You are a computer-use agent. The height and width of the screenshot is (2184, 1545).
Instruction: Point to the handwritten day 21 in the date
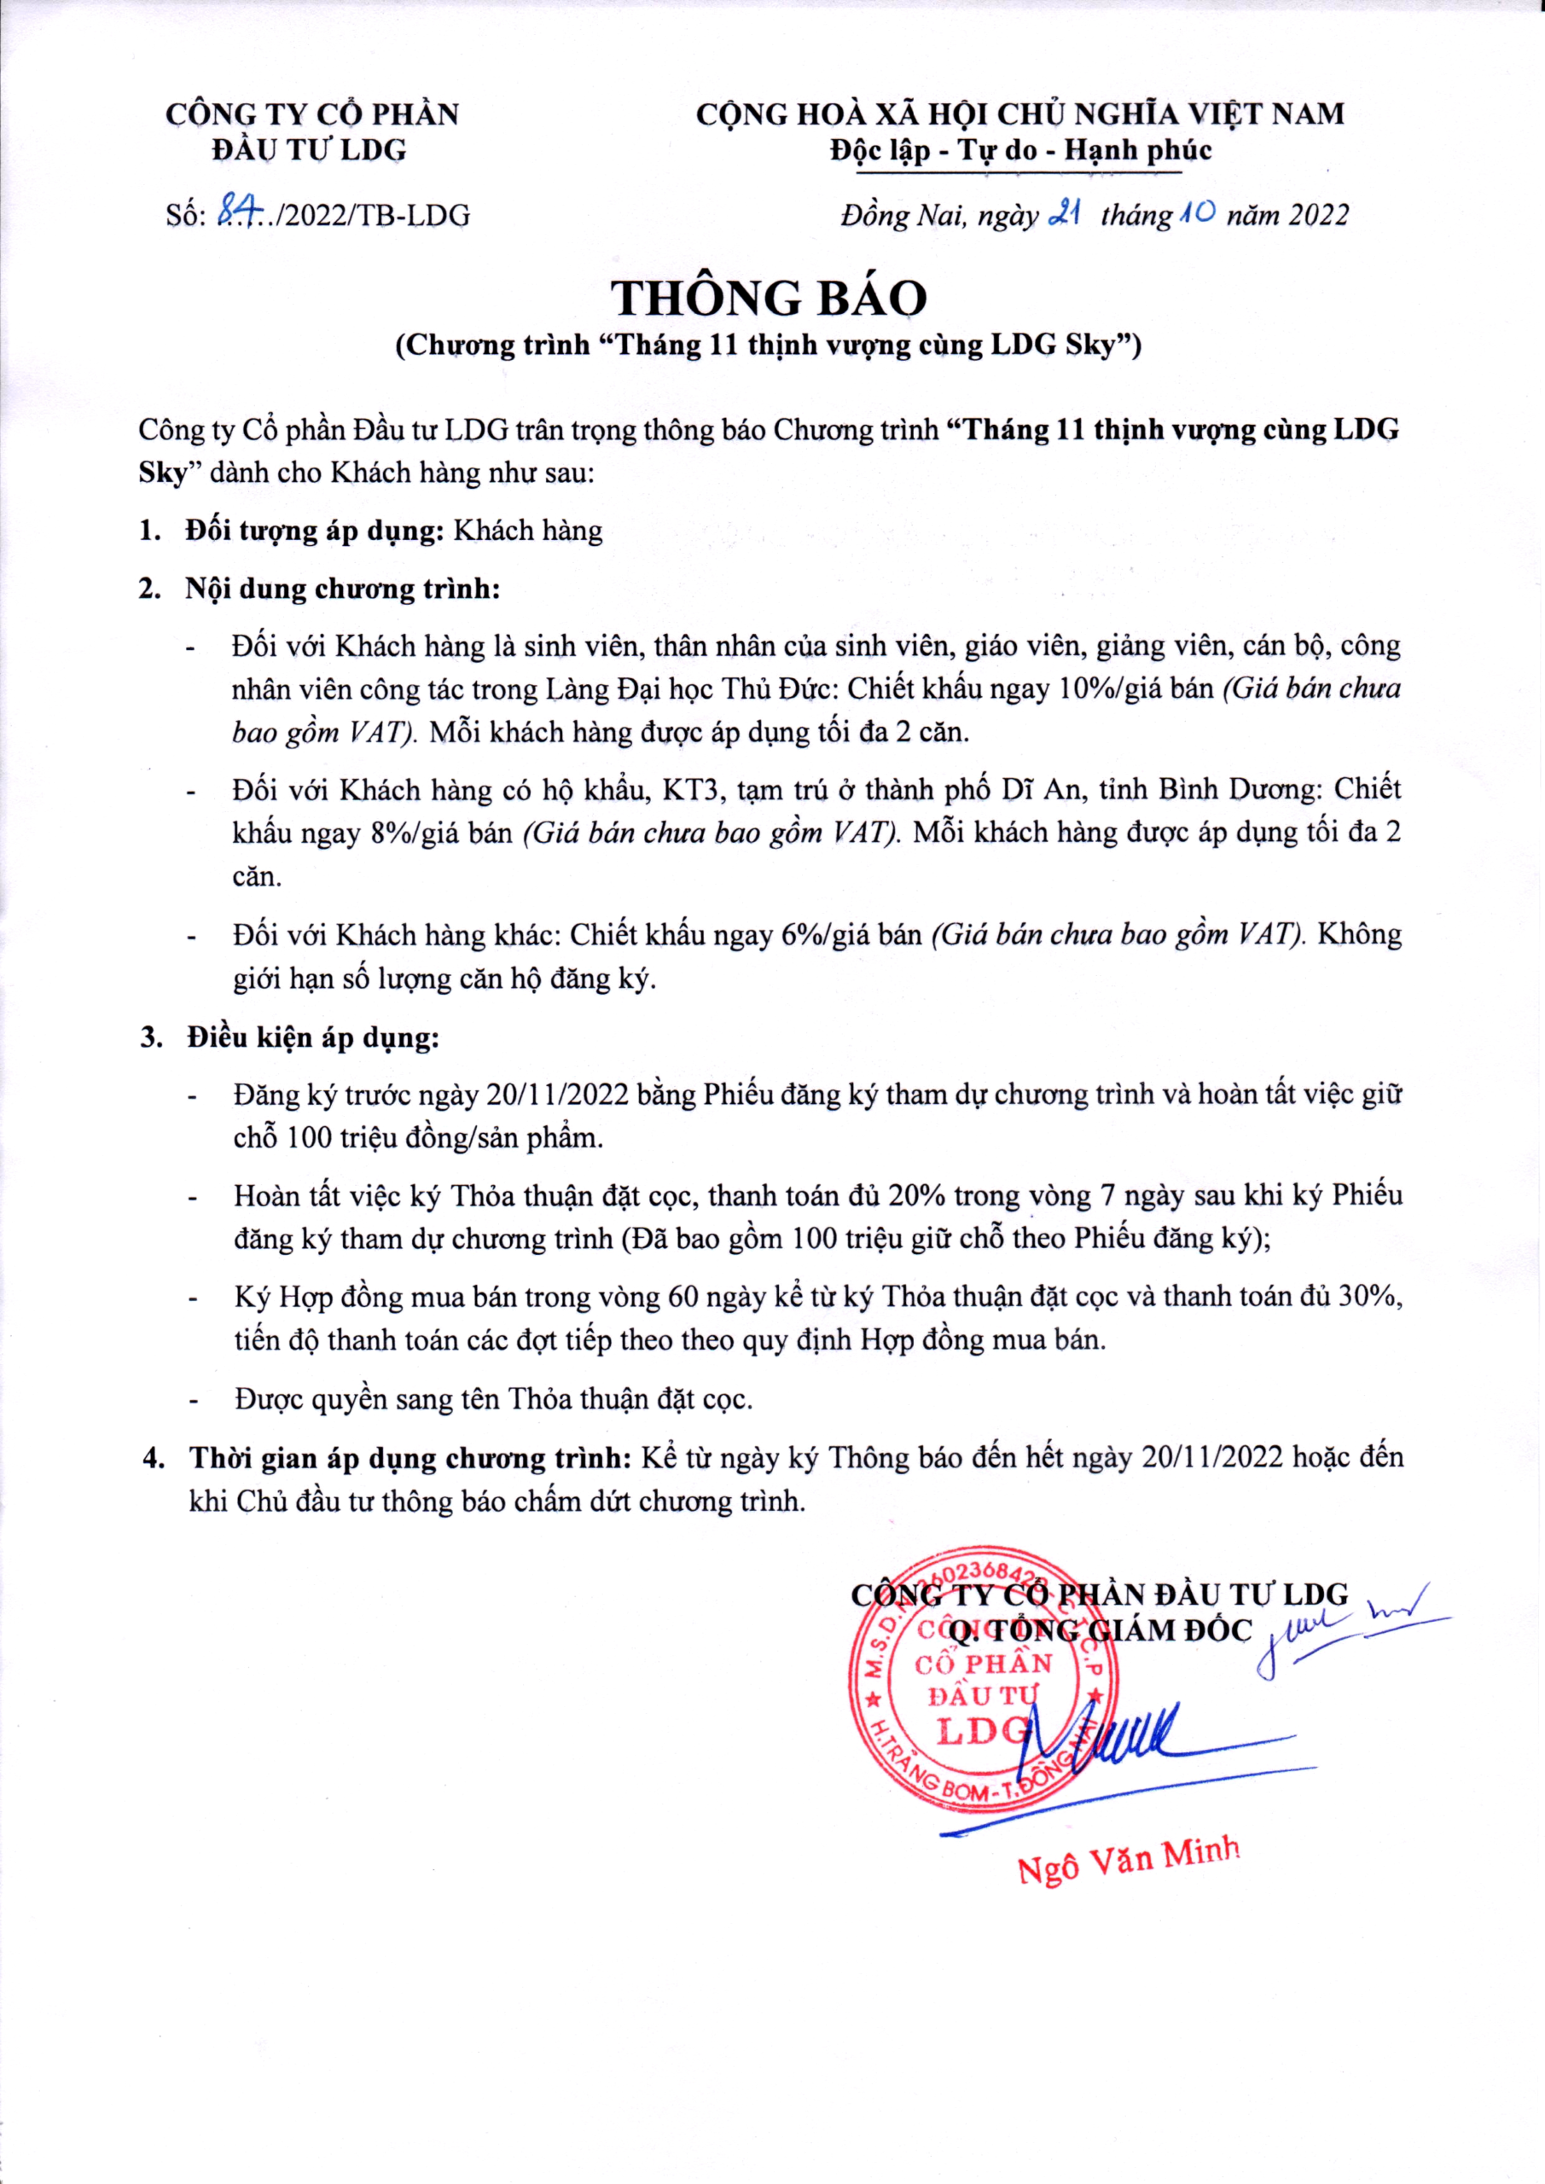[1060, 215]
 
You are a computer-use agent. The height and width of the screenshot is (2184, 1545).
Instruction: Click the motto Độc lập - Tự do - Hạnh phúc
[1019, 150]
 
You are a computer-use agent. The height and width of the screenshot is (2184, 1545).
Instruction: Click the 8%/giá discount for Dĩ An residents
[415, 833]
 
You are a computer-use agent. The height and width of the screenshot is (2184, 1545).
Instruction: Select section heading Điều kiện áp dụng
[313, 1037]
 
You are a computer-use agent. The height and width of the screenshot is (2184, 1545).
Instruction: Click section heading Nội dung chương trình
[342, 589]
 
